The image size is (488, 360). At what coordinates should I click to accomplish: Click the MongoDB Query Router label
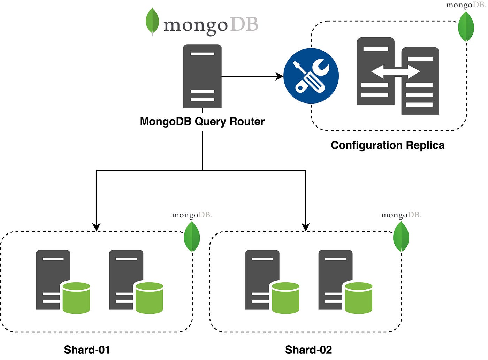pyautogui.click(x=202, y=122)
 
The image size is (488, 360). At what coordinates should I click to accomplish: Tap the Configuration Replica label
pyautogui.click(x=388, y=145)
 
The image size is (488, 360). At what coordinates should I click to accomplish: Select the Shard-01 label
pyautogui.click(x=87, y=350)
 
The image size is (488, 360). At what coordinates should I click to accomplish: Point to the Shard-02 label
pyautogui.click(x=308, y=350)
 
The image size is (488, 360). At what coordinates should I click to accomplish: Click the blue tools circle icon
pyautogui.click(x=311, y=76)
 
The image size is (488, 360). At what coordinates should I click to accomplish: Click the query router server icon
pyautogui.click(x=202, y=76)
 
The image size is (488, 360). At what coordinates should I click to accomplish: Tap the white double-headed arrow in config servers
pyautogui.click(x=395, y=72)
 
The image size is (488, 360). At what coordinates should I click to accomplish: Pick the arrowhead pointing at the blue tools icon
pyautogui.click(x=280, y=76)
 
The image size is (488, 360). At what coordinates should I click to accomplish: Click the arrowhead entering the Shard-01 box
pyautogui.click(x=96, y=227)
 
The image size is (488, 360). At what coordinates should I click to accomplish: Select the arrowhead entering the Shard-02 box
pyautogui.click(x=306, y=227)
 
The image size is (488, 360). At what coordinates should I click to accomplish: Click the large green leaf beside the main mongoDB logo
pyautogui.click(x=152, y=22)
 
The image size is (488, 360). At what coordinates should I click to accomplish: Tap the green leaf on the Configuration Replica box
pyautogui.click(x=466, y=26)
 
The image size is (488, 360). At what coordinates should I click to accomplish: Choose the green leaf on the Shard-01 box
pyautogui.click(x=192, y=237)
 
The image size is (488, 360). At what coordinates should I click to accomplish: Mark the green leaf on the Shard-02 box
pyautogui.click(x=401, y=237)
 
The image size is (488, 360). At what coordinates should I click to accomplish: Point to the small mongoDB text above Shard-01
pyautogui.click(x=192, y=215)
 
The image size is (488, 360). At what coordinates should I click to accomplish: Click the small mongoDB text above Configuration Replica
pyautogui.click(x=466, y=5)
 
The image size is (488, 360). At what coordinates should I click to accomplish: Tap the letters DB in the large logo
pyautogui.click(x=244, y=24)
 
